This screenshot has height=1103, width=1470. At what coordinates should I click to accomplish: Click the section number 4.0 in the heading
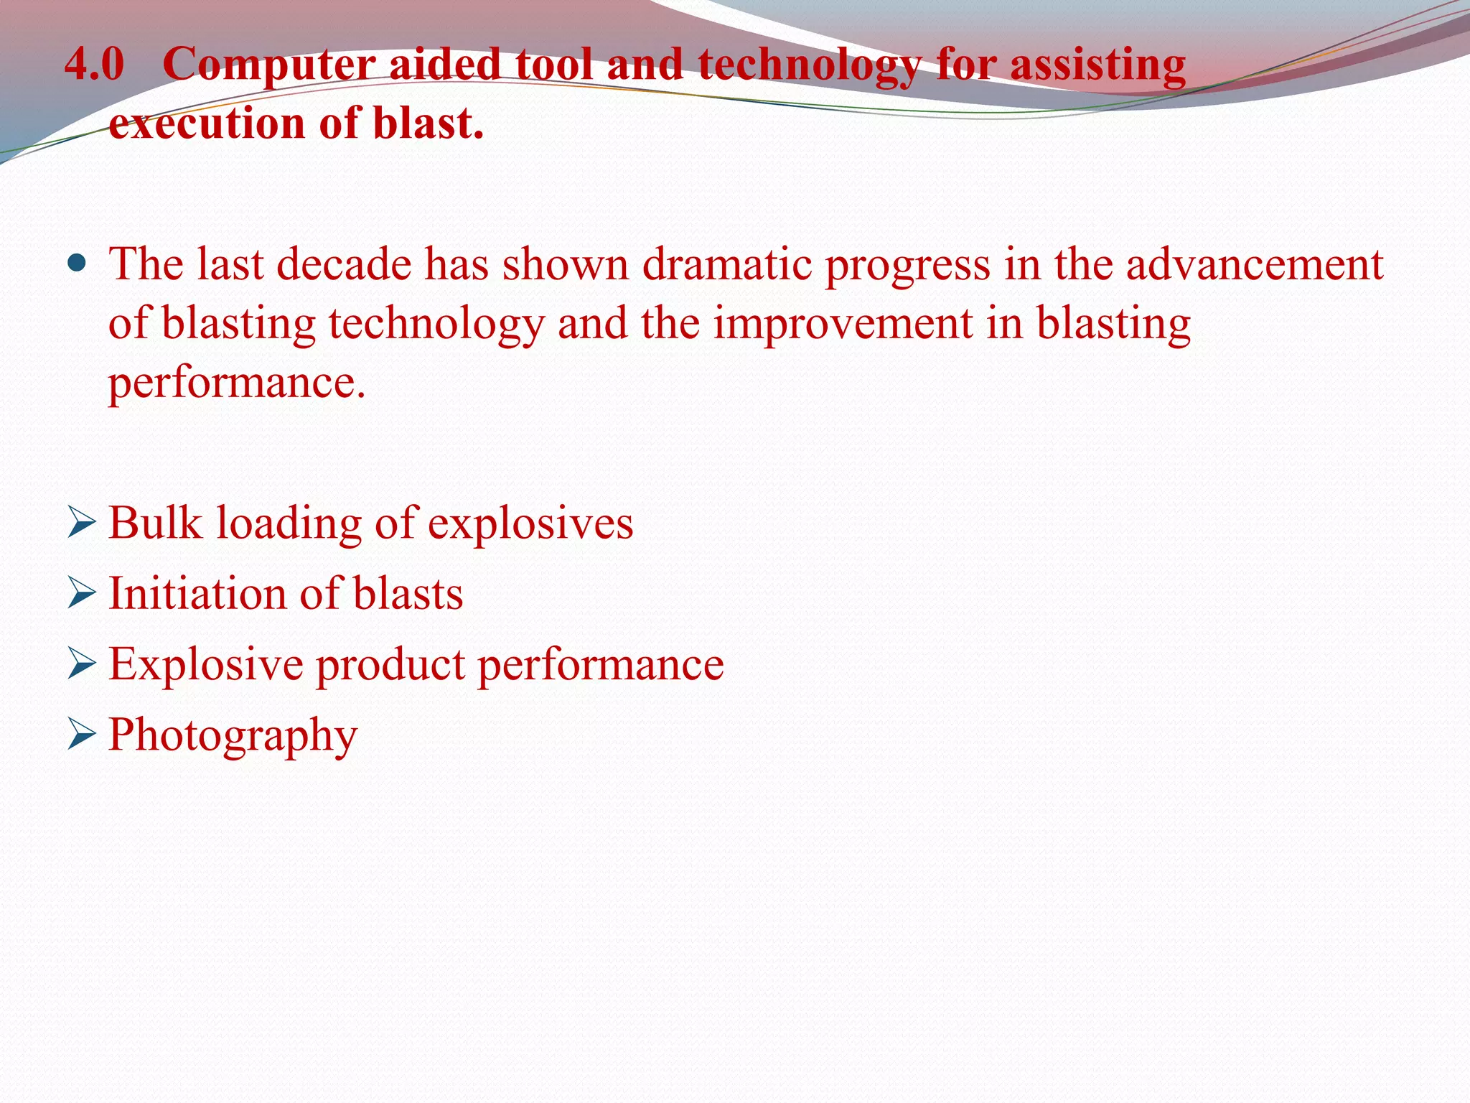click(94, 64)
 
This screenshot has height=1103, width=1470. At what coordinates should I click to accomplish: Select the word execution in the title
click(207, 124)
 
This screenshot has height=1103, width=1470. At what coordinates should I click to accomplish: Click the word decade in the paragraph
click(344, 264)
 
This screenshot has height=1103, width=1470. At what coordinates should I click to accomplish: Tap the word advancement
click(1254, 264)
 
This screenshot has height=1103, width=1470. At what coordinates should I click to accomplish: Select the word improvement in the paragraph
click(843, 324)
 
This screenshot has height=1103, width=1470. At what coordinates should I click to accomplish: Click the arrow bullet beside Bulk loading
click(81, 523)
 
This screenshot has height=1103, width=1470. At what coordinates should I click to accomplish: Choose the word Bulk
click(155, 523)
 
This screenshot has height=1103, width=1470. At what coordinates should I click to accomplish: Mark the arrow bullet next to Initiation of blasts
click(81, 594)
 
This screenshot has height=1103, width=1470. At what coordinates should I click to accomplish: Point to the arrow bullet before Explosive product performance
click(81, 664)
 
